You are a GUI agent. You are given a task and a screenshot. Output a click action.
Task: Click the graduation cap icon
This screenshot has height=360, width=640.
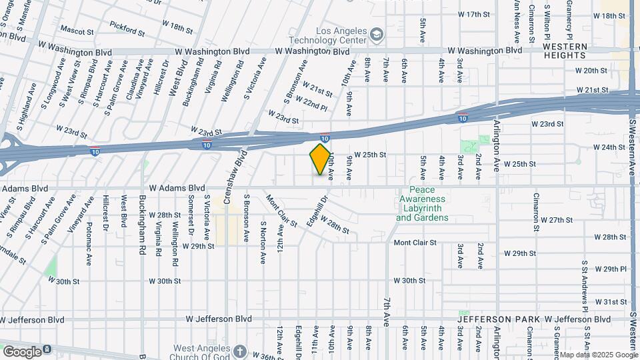tap(377, 33)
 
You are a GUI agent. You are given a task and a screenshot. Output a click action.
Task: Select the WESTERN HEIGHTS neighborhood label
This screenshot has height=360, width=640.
tap(565, 51)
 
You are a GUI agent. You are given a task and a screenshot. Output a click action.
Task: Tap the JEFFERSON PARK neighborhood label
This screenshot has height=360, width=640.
tap(499, 319)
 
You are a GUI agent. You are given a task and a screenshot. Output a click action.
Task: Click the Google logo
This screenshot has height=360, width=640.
tap(23, 351)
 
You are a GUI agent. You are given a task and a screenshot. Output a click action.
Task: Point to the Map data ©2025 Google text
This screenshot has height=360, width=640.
tap(598, 355)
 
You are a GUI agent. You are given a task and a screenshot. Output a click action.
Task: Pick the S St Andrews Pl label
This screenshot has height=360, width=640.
tap(585, 286)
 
